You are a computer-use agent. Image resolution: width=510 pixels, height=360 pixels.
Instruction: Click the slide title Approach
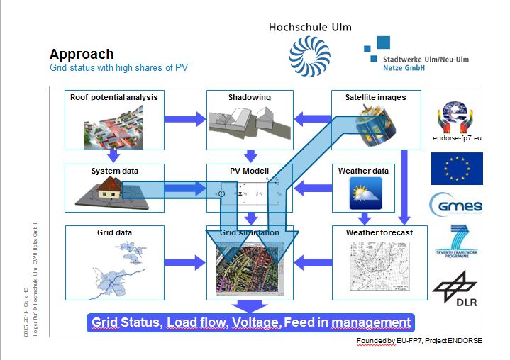(81, 55)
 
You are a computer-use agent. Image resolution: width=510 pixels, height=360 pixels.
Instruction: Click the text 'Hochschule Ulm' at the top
(309, 27)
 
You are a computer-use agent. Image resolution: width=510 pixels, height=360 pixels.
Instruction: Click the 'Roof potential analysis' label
(113, 97)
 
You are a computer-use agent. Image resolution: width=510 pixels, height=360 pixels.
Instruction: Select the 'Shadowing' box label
(249, 97)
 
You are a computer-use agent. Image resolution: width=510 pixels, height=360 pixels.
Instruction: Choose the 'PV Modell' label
(249, 171)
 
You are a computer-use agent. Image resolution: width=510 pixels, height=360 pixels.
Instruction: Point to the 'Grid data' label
(114, 232)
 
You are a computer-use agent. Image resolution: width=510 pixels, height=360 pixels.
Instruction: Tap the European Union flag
(456, 169)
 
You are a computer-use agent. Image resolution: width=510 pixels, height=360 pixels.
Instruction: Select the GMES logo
(456, 206)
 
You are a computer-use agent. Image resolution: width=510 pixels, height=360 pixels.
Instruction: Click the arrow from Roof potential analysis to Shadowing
(184, 120)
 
